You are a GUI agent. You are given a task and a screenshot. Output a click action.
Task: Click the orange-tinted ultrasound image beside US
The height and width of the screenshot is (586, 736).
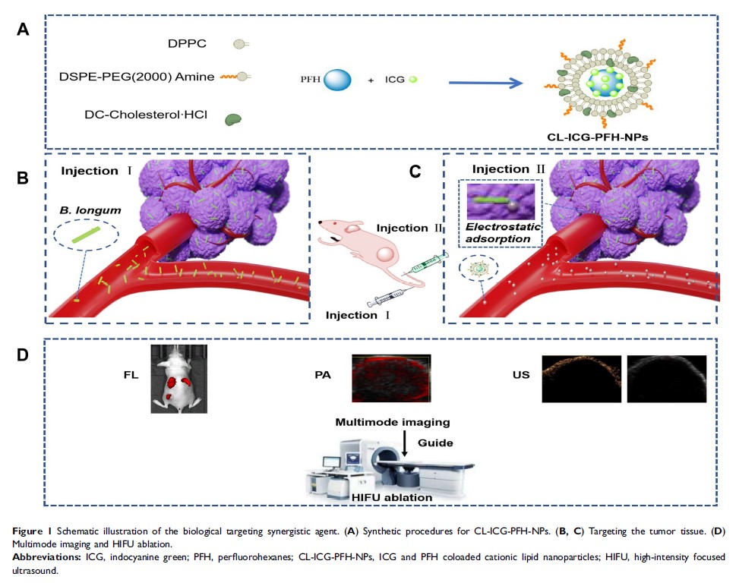(x=580, y=378)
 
